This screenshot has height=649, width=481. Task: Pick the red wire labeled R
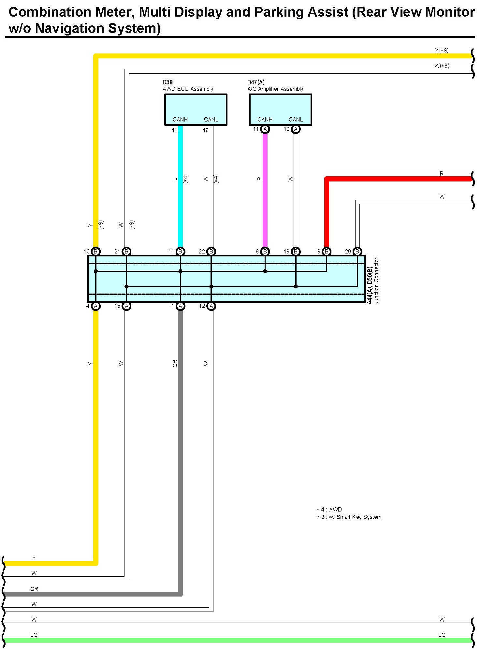(391, 179)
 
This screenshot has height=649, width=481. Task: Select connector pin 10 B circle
(96, 252)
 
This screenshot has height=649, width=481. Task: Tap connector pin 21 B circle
(126, 252)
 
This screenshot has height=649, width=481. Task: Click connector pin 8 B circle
(265, 252)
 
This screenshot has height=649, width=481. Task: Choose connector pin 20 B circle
(357, 252)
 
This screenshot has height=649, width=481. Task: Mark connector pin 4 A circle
(96, 306)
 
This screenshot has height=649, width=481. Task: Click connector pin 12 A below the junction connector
(211, 306)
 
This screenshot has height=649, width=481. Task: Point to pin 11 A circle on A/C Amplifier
(265, 129)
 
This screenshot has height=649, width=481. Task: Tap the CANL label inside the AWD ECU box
(211, 120)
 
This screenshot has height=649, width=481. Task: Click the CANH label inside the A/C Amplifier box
(265, 120)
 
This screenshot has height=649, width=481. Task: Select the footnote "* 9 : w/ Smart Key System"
(349, 517)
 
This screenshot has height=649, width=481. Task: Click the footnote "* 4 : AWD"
(329, 510)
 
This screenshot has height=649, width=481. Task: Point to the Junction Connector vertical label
(376, 281)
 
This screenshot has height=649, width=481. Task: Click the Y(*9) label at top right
(442, 50)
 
